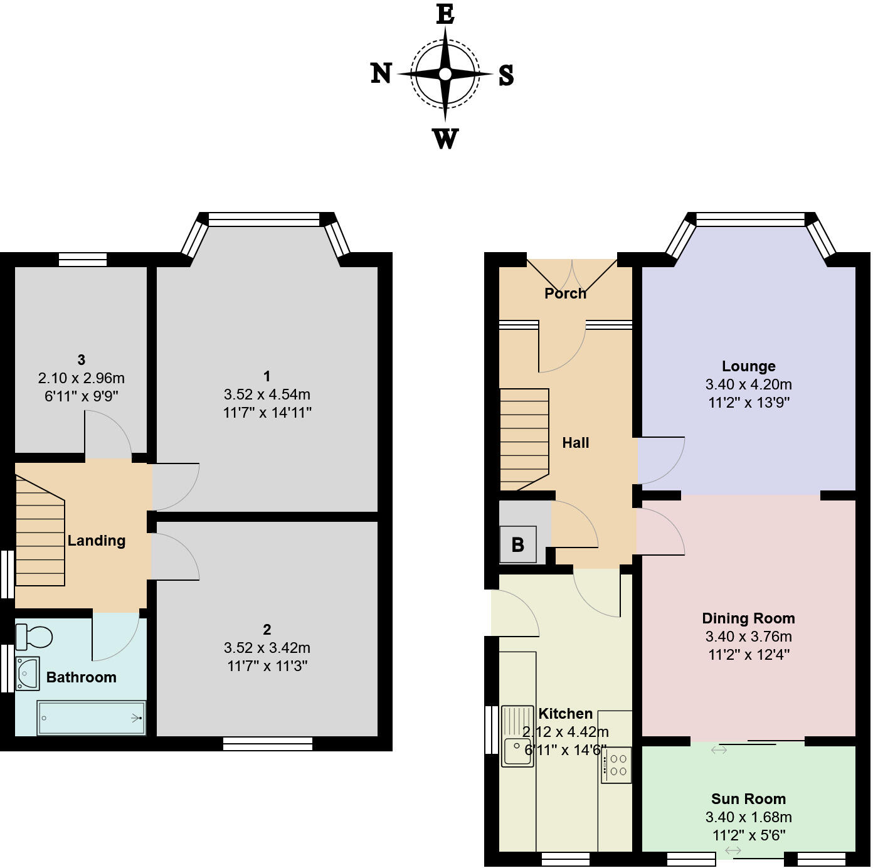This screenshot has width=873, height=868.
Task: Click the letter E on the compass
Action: pyautogui.click(x=445, y=14)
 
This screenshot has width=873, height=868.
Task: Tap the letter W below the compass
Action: pyautogui.click(x=445, y=139)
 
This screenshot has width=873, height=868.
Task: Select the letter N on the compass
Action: pyautogui.click(x=381, y=74)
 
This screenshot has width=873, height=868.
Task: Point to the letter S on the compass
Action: pyautogui.click(x=506, y=75)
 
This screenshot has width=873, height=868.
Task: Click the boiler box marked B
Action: pyautogui.click(x=517, y=544)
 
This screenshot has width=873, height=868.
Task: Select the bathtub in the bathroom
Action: pyautogui.click(x=92, y=717)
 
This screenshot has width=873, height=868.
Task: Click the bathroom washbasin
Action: pyautogui.click(x=27, y=674)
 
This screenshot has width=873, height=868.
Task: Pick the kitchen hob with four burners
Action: pyautogui.click(x=615, y=765)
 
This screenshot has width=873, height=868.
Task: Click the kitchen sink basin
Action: pyautogui.click(x=517, y=752)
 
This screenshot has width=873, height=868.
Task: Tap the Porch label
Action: pyautogui.click(x=565, y=294)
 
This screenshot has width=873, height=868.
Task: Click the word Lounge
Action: pyautogui.click(x=748, y=366)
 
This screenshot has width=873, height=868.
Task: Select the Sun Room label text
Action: pyautogui.click(x=748, y=799)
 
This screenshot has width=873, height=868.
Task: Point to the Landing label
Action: pyautogui.click(x=97, y=541)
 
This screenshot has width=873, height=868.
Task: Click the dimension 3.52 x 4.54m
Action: pyautogui.click(x=267, y=394)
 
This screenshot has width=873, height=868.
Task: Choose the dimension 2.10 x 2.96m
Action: pyautogui.click(x=82, y=378)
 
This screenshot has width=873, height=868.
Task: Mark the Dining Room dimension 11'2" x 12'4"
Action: pyautogui.click(x=748, y=655)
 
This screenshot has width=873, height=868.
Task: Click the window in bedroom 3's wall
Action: pyautogui.click(x=83, y=259)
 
